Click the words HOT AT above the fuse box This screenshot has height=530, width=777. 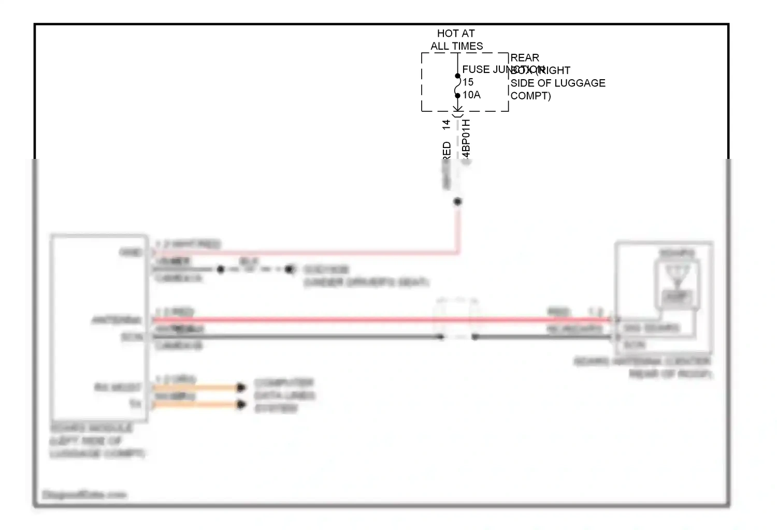pos(456,34)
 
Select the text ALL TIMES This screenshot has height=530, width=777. pos(456,46)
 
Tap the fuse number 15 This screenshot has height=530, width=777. pos(468,82)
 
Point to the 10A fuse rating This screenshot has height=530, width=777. pos(472,95)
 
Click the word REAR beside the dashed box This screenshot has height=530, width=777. pos(525,58)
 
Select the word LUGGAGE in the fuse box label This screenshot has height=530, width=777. pos(580,83)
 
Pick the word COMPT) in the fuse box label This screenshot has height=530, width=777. pos(530,96)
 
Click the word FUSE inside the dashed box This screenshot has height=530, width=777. pos(476,69)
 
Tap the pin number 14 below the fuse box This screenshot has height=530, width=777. pos(447,125)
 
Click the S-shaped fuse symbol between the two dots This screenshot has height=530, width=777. pos(458,86)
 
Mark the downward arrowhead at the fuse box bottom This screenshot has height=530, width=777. pos(458,109)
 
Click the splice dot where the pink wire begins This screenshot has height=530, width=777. pos(457,202)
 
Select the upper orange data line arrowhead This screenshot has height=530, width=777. pos(241,387)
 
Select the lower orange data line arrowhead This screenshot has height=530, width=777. pos(241,404)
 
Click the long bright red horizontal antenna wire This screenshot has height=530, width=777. pos(363,320)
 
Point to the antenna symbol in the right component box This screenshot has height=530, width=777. pos(677,274)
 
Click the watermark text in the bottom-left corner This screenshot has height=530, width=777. pos(84,495)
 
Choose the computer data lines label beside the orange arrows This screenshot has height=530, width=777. pos(284,395)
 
